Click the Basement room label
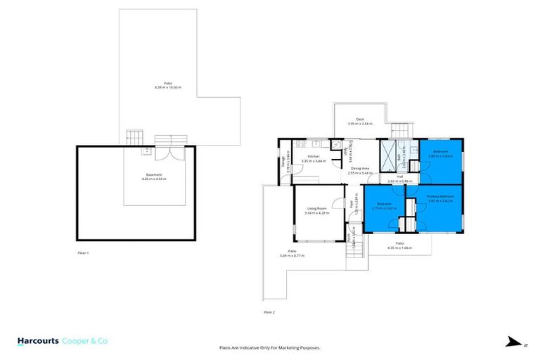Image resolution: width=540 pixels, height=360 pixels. click(155, 174)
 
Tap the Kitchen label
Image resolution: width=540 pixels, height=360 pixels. click(311, 157)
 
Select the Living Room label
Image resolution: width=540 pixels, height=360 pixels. click(317, 209)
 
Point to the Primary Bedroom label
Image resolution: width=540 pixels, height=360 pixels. click(440, 196)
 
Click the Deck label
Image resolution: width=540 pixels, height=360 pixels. click(359, 120)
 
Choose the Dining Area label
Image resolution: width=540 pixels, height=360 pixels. click(361, 168)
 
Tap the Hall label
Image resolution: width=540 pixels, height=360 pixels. click(399, 177)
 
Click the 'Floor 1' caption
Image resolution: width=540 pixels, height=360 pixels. click(83, 252)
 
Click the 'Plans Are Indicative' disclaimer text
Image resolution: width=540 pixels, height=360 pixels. click(269, 348)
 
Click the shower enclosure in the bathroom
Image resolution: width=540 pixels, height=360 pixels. click(387, 156)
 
